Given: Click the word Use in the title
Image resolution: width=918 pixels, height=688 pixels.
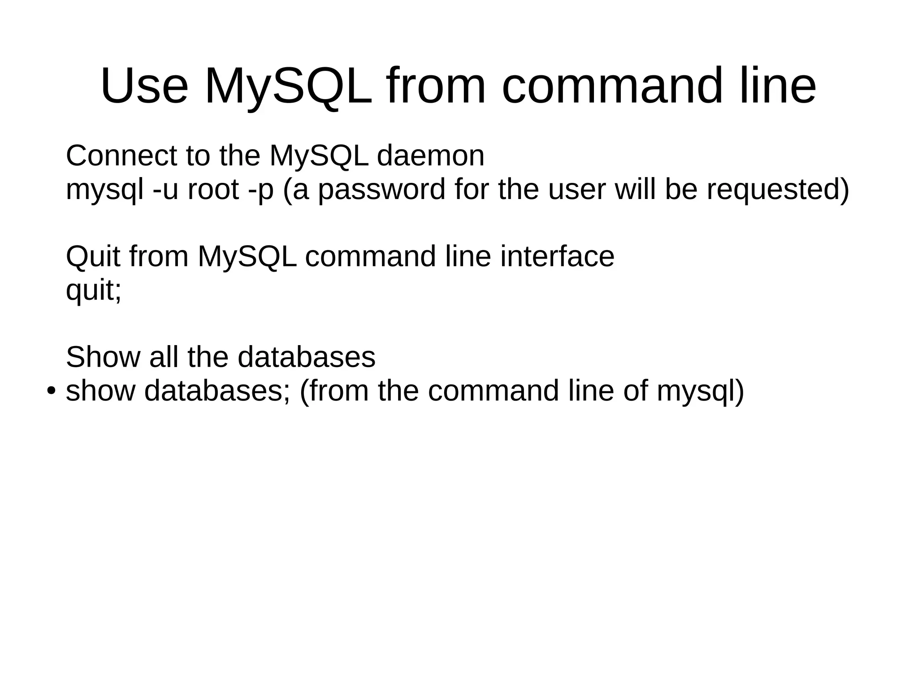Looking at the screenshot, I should pos(144,86).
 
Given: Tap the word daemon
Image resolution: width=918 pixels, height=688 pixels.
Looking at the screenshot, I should pos(430,156).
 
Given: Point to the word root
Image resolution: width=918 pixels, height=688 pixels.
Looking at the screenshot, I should pos(213,190).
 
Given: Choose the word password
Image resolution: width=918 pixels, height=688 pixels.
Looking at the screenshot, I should pos(381,190).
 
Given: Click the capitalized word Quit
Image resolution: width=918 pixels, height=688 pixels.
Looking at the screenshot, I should pos(93,257).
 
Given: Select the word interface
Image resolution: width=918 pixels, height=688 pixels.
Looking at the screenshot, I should pos(557,257).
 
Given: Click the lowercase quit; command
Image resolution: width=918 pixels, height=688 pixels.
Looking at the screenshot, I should pos(93,291).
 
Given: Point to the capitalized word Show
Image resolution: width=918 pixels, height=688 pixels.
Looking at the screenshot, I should pos(103,357).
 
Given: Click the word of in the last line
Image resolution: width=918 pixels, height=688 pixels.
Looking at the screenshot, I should pos(635,391).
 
